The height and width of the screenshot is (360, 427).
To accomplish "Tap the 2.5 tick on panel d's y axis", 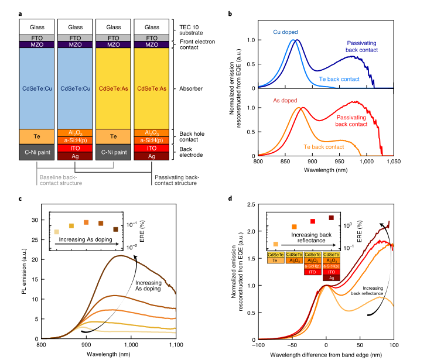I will [x=248, y=204].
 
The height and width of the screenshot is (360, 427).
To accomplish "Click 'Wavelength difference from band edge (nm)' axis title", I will [x=326, y=354].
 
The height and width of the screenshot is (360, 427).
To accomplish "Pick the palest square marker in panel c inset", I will [x=56, y=232].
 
